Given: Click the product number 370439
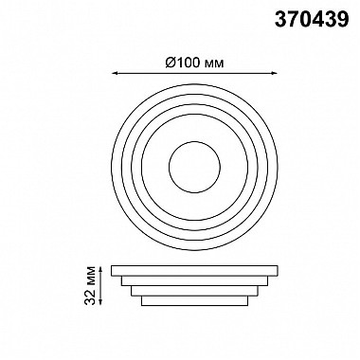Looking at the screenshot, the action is [x=312, y=19].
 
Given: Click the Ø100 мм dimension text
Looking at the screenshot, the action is [x=194, y=63].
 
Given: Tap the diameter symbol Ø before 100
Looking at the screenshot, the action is [x=171, y=63].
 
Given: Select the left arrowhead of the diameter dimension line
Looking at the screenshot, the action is [x=116, y=74].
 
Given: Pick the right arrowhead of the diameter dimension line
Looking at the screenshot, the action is [x=274, y=74].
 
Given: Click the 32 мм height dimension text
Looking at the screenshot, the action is [x=90, y=285].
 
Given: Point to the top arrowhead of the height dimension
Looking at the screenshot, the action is [x=100, y=269].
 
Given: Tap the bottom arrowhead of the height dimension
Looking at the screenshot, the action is [x=100, y=302].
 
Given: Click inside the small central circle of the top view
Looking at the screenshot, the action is [x=194, y=167].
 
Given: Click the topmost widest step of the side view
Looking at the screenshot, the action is [x=194, y=271].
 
